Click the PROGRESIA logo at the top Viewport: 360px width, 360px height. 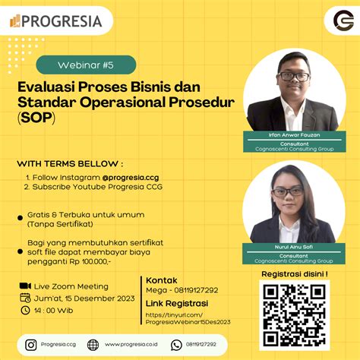coord(56,21)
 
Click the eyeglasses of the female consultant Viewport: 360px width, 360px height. coord(288,191)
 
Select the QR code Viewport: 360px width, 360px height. coord(294,314)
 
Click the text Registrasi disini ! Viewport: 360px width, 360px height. coord(295,273)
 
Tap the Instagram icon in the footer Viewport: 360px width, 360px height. coord(31,345)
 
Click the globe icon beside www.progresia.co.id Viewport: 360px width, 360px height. coord(93,345)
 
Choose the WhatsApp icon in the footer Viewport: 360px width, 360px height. coord(176,345)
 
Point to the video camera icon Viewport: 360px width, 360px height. coord(24,286)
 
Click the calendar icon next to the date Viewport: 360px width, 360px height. coord(24,298)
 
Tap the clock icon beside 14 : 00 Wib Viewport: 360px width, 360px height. coord(24,311)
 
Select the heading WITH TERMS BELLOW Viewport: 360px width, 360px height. coord(70,163)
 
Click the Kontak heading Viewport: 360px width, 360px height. coord(161,279)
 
